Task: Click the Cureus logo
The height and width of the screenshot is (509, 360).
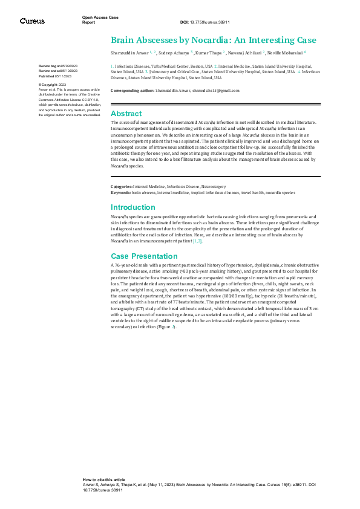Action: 32,21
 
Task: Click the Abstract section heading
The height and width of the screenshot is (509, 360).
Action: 126,114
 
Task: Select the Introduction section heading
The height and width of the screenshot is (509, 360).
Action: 133,207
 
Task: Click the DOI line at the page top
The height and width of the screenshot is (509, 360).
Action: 205,22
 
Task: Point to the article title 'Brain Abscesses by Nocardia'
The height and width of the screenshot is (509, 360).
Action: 213,41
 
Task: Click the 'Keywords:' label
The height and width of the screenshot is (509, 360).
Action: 120,193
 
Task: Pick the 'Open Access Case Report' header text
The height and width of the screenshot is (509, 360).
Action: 96,19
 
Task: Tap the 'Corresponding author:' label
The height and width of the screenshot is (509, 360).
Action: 131,90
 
